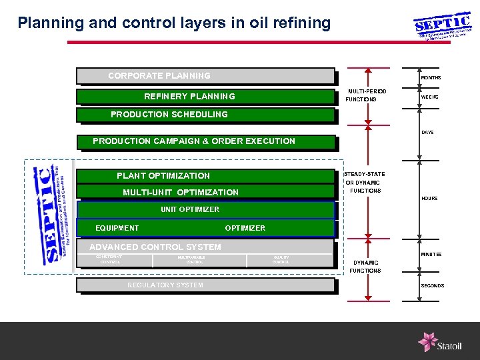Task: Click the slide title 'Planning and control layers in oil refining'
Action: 174,23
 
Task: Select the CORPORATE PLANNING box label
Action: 159,76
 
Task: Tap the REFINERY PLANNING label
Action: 190,97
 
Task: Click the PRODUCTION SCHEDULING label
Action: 169,115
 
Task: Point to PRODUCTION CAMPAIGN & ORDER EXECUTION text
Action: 193,141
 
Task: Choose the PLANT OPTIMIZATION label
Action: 163,176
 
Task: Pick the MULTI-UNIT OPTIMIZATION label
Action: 181,193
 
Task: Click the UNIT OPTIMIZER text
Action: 190,209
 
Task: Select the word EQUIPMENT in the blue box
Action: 117,228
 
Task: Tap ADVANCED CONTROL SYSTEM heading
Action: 155,247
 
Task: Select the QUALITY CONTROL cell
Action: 281,259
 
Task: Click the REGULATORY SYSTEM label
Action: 165,285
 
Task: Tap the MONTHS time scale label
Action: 430,78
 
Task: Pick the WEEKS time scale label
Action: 429,97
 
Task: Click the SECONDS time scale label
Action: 432,286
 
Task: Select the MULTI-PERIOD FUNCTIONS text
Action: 365,95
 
